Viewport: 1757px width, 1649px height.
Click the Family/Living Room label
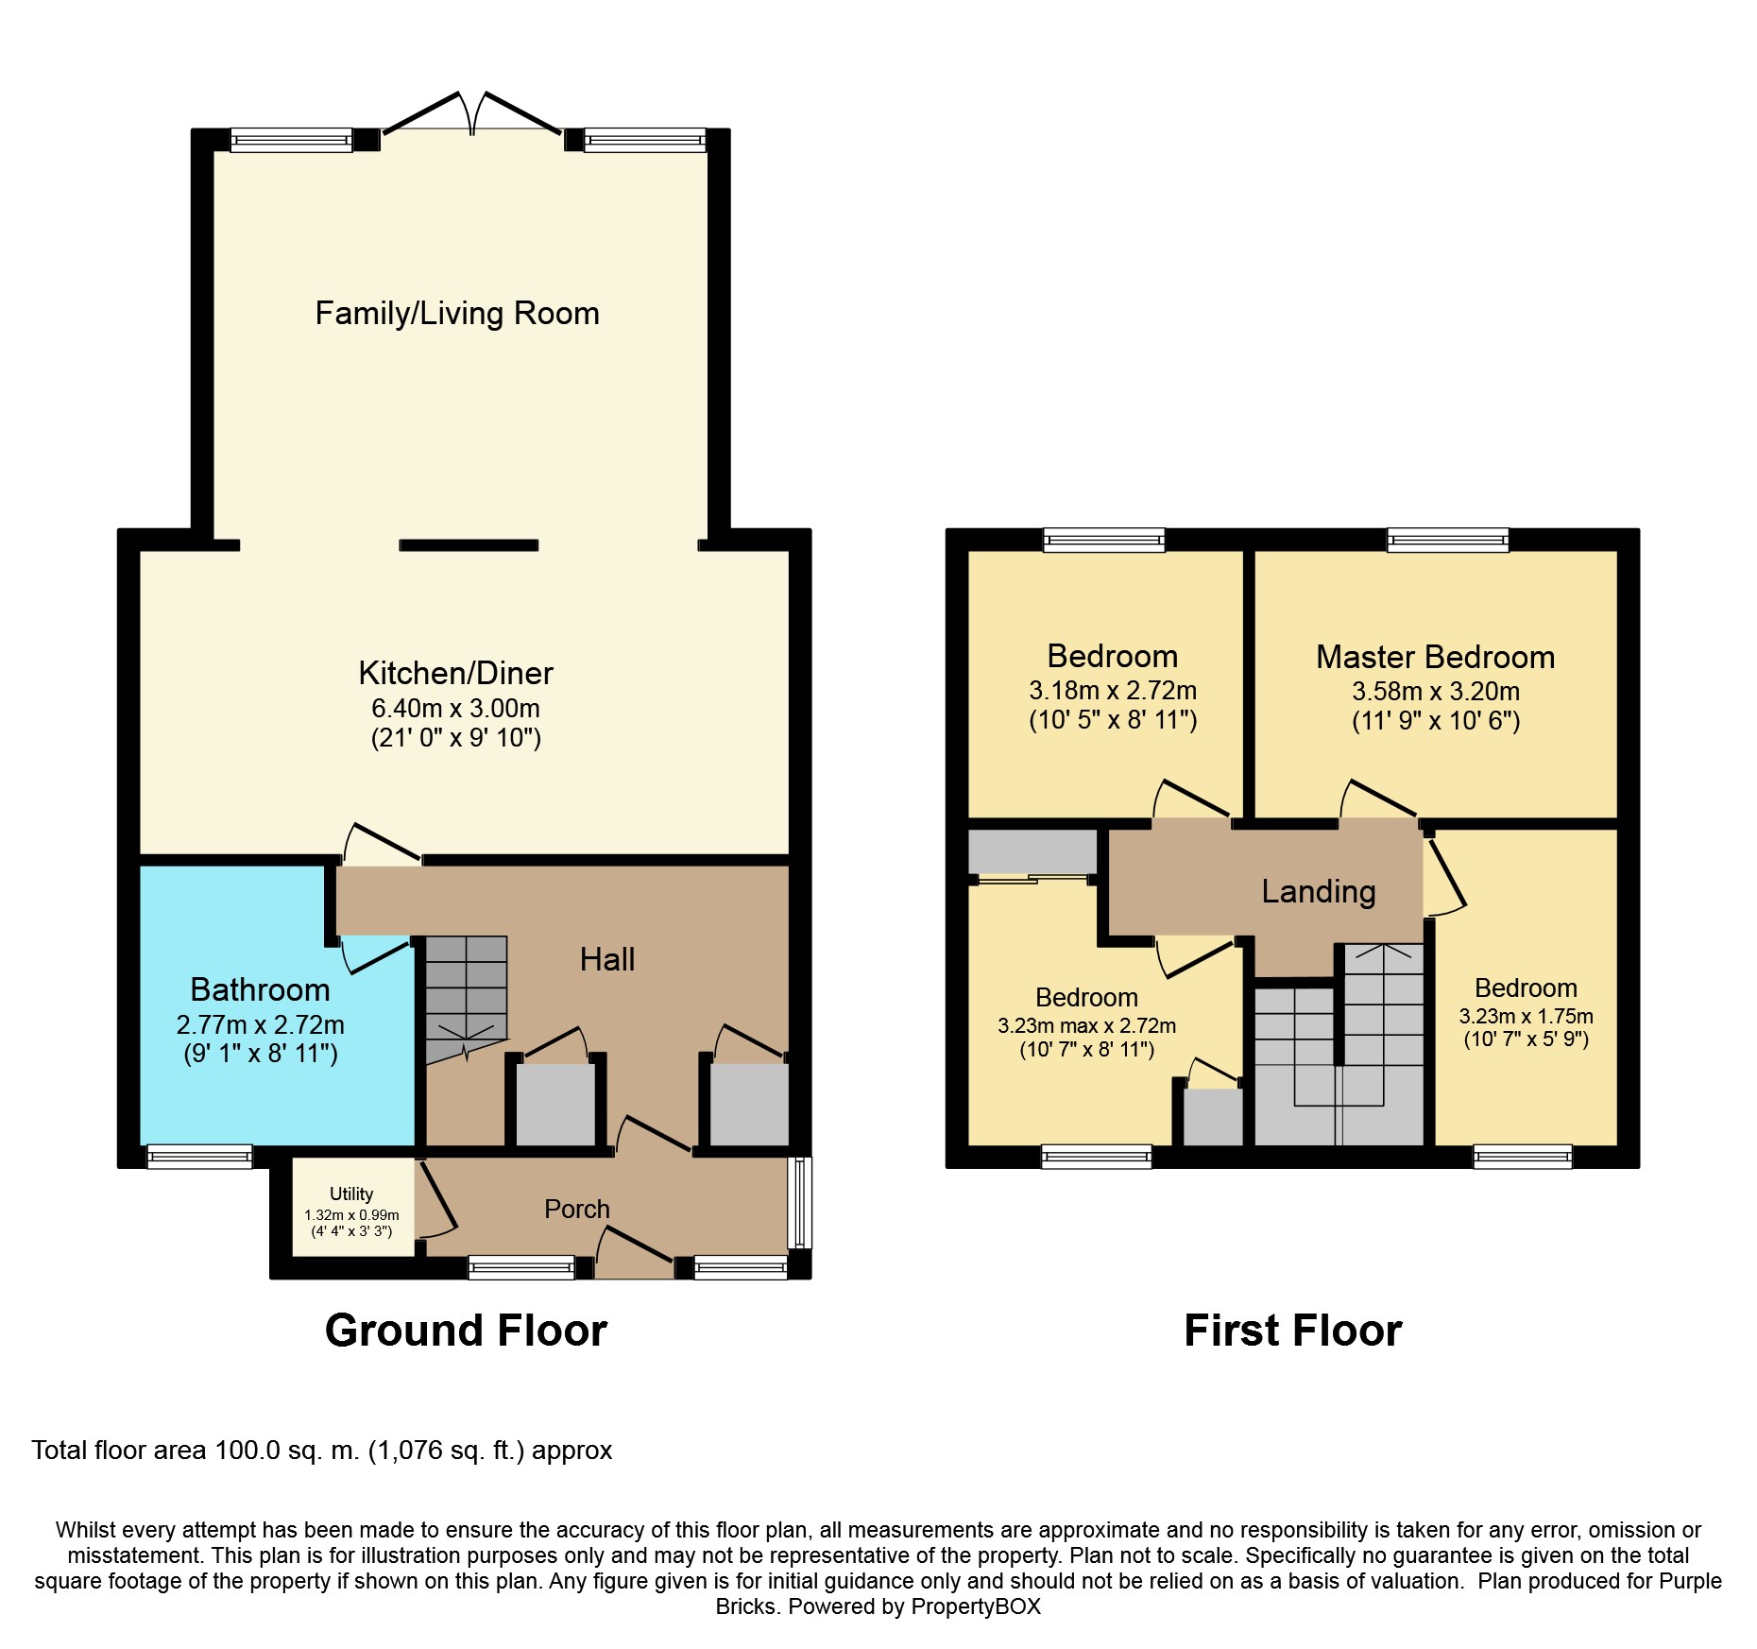point(457,314)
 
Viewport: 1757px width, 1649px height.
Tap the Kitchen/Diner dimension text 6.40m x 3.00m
point(455,708)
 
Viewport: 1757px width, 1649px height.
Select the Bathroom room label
point(260,989)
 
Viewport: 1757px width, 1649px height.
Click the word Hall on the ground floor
point(607,959)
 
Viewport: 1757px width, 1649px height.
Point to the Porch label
point(577,1209)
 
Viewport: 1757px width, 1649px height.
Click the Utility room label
point(351,1194)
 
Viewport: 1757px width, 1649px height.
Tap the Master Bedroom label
point(1436,657)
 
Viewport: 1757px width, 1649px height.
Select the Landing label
point(1319,891)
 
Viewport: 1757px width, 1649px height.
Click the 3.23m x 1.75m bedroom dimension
point(1527,1017)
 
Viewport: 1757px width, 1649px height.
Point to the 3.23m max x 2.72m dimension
point(1087,1026)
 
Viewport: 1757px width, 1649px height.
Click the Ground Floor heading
point(466,1331)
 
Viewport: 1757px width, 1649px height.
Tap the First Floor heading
point(1293,1331)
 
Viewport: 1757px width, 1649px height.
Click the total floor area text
point(322,1451)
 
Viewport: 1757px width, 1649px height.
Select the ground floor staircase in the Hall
point(466,1000)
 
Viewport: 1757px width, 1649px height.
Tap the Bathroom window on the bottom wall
point(199,1156)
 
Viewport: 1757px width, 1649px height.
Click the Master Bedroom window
point(1448,540)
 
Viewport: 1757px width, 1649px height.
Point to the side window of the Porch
point(799,1202)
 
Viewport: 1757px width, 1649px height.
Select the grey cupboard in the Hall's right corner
point(749,1104)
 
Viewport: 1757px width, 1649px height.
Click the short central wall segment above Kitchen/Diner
point(469,545)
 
